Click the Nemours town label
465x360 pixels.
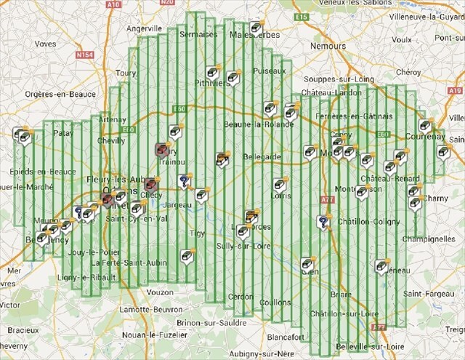coord(328,45)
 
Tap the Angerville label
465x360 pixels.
coord(143,28)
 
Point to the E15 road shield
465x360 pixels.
coord(302,16)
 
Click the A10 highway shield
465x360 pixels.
coord(113,4)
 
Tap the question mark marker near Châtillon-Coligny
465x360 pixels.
coord(323,222)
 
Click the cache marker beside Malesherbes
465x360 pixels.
coord(256,28)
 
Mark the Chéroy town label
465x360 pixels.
coord(408,72)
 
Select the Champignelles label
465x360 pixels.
coord(429,238)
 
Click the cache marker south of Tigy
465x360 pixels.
coord(187,256)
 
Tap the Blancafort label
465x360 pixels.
coord(286,337)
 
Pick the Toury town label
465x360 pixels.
coord(126,73)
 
